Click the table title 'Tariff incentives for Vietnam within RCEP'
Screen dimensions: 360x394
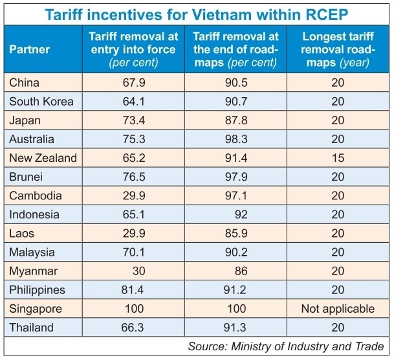click(x=197, y=13)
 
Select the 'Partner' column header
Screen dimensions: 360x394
click(x=29, y=49)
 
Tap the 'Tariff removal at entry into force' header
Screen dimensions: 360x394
click(x=133, y=49)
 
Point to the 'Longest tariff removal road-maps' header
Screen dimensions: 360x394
click(x=336, y=49)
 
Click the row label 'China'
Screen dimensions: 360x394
click(x=25, y=82)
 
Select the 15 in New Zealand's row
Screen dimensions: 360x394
click(x=337, y=157)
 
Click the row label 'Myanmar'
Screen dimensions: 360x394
click(x=31, y=270)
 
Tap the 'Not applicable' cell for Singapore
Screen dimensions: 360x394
click(x=337, y=308)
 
